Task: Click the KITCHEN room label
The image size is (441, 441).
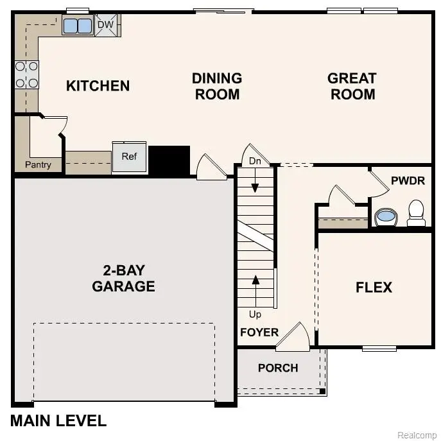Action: coord(98,85)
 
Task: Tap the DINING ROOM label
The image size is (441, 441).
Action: coord(217,86)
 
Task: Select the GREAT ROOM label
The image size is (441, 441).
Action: coord(351,86)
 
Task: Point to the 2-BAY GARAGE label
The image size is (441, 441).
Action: coord(123,278)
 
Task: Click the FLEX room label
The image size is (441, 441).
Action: coord(374,287)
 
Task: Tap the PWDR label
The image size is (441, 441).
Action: coord(408,180)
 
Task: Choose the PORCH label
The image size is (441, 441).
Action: coord(278,368)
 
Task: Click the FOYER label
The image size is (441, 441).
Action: coord(259,332)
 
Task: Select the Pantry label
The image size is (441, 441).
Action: coord(38,165)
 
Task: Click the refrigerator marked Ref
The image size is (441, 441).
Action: coord(130,157)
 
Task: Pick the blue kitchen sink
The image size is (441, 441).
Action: coord(78,26)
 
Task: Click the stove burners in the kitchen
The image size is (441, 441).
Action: coord(26,74)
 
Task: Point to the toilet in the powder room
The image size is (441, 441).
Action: coord(417,212)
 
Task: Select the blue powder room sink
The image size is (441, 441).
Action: coord(385,216)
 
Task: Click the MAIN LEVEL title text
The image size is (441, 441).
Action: coord(58,421)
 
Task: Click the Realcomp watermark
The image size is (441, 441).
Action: coord(417,435)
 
